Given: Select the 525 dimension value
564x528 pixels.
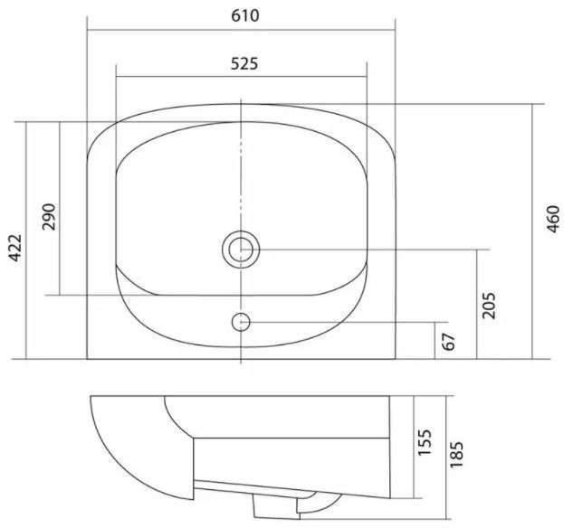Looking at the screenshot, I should (242, 63).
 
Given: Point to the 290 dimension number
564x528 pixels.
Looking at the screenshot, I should (48, 217).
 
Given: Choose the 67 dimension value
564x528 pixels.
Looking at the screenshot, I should (449, 342).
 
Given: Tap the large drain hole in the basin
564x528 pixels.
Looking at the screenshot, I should (241, 248).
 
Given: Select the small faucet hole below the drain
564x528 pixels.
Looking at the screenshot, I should (241, 321).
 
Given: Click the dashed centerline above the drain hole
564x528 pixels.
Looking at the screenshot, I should (241, 172).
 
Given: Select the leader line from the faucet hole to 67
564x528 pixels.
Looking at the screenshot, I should (344, 321).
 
